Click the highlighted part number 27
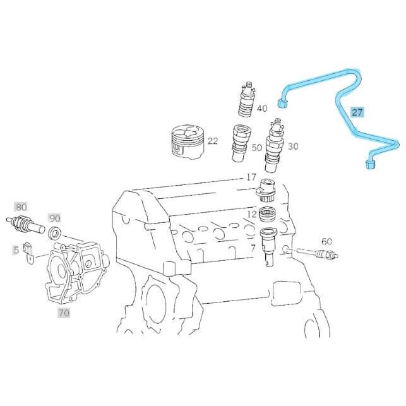[357, 112]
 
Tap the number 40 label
[262, 108]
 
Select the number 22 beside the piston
[213, 141]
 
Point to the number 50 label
[257, 148]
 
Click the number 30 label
[293, 146]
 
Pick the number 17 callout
[251, 177]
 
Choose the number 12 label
[252, 214]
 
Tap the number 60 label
[326, 241]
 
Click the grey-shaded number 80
[21, 207]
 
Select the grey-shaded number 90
[55, 218]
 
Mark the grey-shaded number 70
[64, 313]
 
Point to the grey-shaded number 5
[16, 250]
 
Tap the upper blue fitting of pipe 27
[282, 103]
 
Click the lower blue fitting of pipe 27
[371, 164]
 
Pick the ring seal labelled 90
[55, 232]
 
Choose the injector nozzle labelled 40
[247, 99]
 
